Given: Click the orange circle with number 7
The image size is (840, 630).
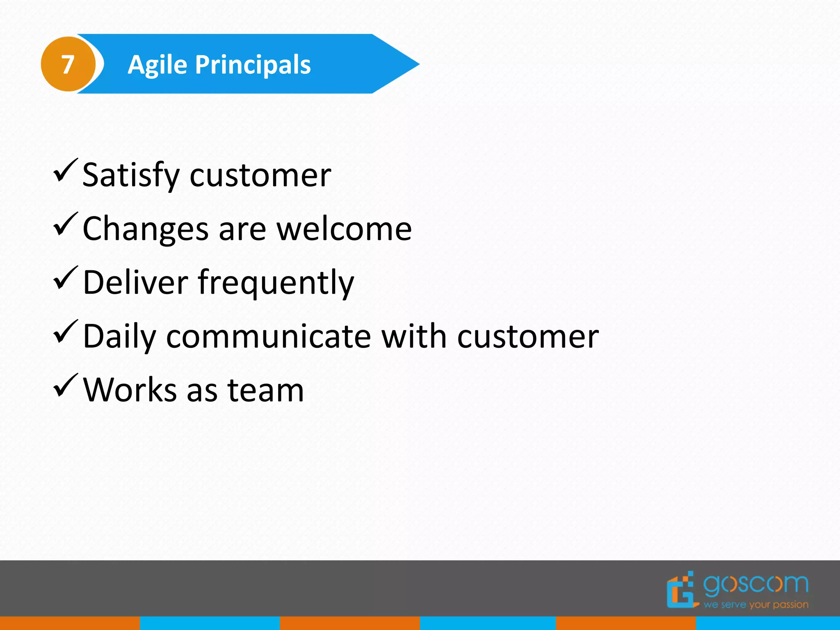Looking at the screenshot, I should [x=68, y=64].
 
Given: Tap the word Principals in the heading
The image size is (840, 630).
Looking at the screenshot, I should [x=253, y=65].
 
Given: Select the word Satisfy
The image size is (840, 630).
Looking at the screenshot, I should [x=131, y=176].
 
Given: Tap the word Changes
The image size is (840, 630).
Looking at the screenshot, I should [x=146, y=229].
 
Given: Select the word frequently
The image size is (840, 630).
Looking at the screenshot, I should [x=276, y=283].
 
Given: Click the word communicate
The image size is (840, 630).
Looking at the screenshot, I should [x=269, y=336].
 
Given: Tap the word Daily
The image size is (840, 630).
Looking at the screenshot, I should [x=119, y=337].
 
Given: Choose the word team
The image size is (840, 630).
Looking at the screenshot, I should [x=265, y=390].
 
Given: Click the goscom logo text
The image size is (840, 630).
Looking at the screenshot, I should [x=756, y=584].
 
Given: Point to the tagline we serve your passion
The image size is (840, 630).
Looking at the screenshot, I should [x=756, y=605].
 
